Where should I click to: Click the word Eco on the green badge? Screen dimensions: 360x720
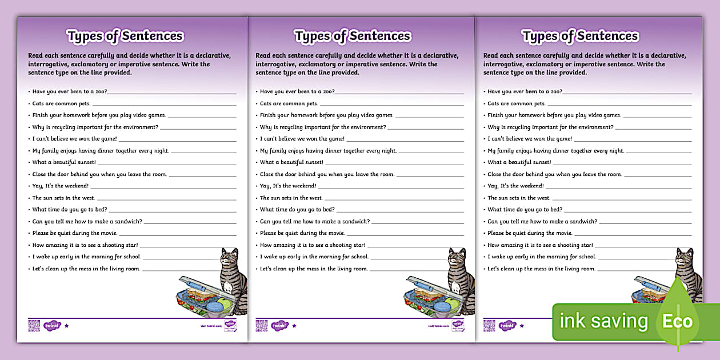tap(678, 321)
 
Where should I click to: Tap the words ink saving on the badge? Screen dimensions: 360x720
tap(604, 321)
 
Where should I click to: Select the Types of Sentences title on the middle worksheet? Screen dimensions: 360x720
tap(353, 36)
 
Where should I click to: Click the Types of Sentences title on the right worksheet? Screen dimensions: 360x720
tap(580, 36)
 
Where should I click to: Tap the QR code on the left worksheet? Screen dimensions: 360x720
tap(34, 326)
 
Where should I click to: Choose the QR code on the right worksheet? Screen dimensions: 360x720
tap(489, 326)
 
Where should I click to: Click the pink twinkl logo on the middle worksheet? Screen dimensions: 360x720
tap(279, 326)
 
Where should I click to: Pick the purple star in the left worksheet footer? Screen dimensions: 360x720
tap(66, 326)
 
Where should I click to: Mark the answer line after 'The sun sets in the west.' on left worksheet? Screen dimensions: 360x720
tap(166, 199)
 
